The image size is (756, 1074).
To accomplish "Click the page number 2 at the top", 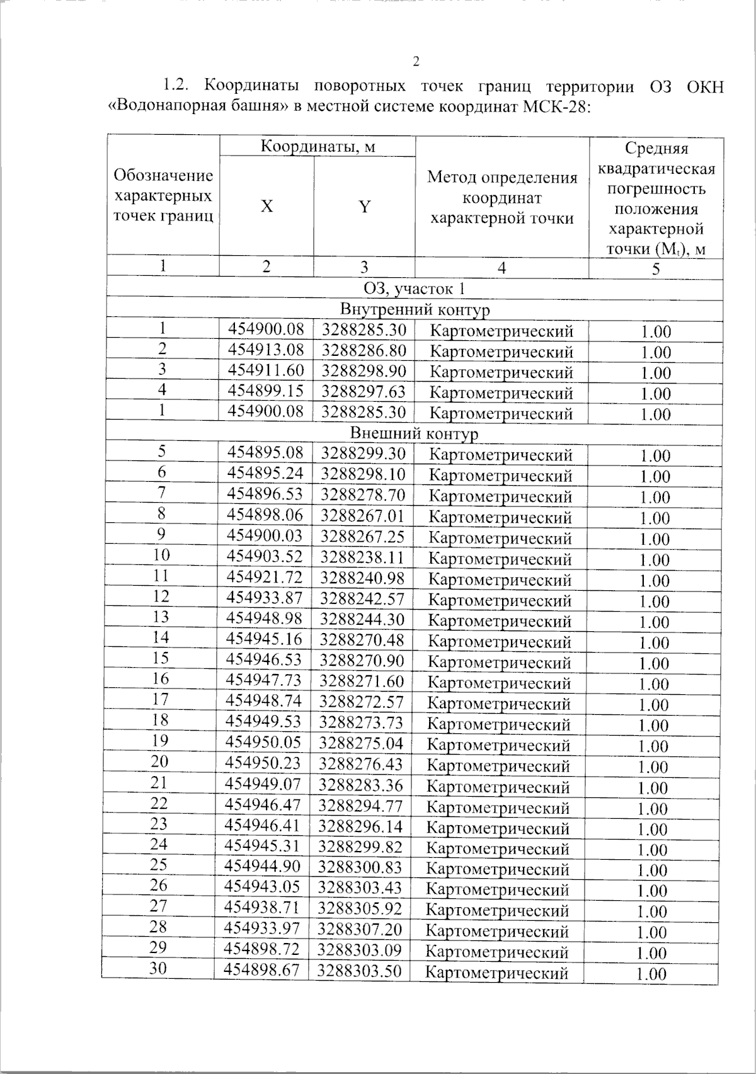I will click(415, 61).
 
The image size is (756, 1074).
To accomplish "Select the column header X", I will click(267, 207).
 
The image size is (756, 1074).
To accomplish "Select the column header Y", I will click(364, 207).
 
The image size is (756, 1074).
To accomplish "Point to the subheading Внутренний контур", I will click(415, 309).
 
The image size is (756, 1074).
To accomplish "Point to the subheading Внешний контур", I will click(414, 433).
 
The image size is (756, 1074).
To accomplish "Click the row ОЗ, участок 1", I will click(415, 288).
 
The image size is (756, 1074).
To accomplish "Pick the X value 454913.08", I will click(265, 350).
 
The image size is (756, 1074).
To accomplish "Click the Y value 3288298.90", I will click(364, 371).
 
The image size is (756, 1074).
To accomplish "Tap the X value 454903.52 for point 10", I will click(265, 557).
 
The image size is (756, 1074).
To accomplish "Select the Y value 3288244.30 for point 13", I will click(362, 619).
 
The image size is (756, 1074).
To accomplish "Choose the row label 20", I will click(160, 762).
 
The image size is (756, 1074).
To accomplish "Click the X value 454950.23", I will click(263, 763).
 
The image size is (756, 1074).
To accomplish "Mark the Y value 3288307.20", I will click(360, 929).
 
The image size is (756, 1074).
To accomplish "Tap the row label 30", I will click(158, 969).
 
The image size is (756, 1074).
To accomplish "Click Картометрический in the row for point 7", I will click(500, 496).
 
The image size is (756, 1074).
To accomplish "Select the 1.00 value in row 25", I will click(653, 870).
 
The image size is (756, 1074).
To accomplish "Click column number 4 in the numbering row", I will click(501, 268).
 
